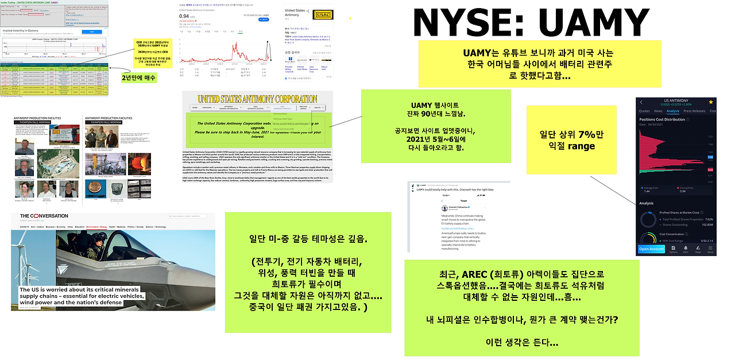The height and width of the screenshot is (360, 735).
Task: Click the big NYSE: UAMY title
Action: click(x=531, y=23)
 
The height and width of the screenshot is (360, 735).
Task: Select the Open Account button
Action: click(x=651, y=249)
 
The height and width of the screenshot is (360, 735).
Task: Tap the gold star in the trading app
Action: click(x=710, y=102)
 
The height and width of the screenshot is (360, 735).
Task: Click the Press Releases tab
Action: click(x=694, y=111)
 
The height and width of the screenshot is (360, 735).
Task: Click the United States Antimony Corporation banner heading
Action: click(x=257, y=99)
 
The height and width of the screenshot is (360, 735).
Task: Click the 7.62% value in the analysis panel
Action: click(x=709, y=219)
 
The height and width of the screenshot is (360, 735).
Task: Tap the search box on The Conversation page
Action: click(x=187, y=216)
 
